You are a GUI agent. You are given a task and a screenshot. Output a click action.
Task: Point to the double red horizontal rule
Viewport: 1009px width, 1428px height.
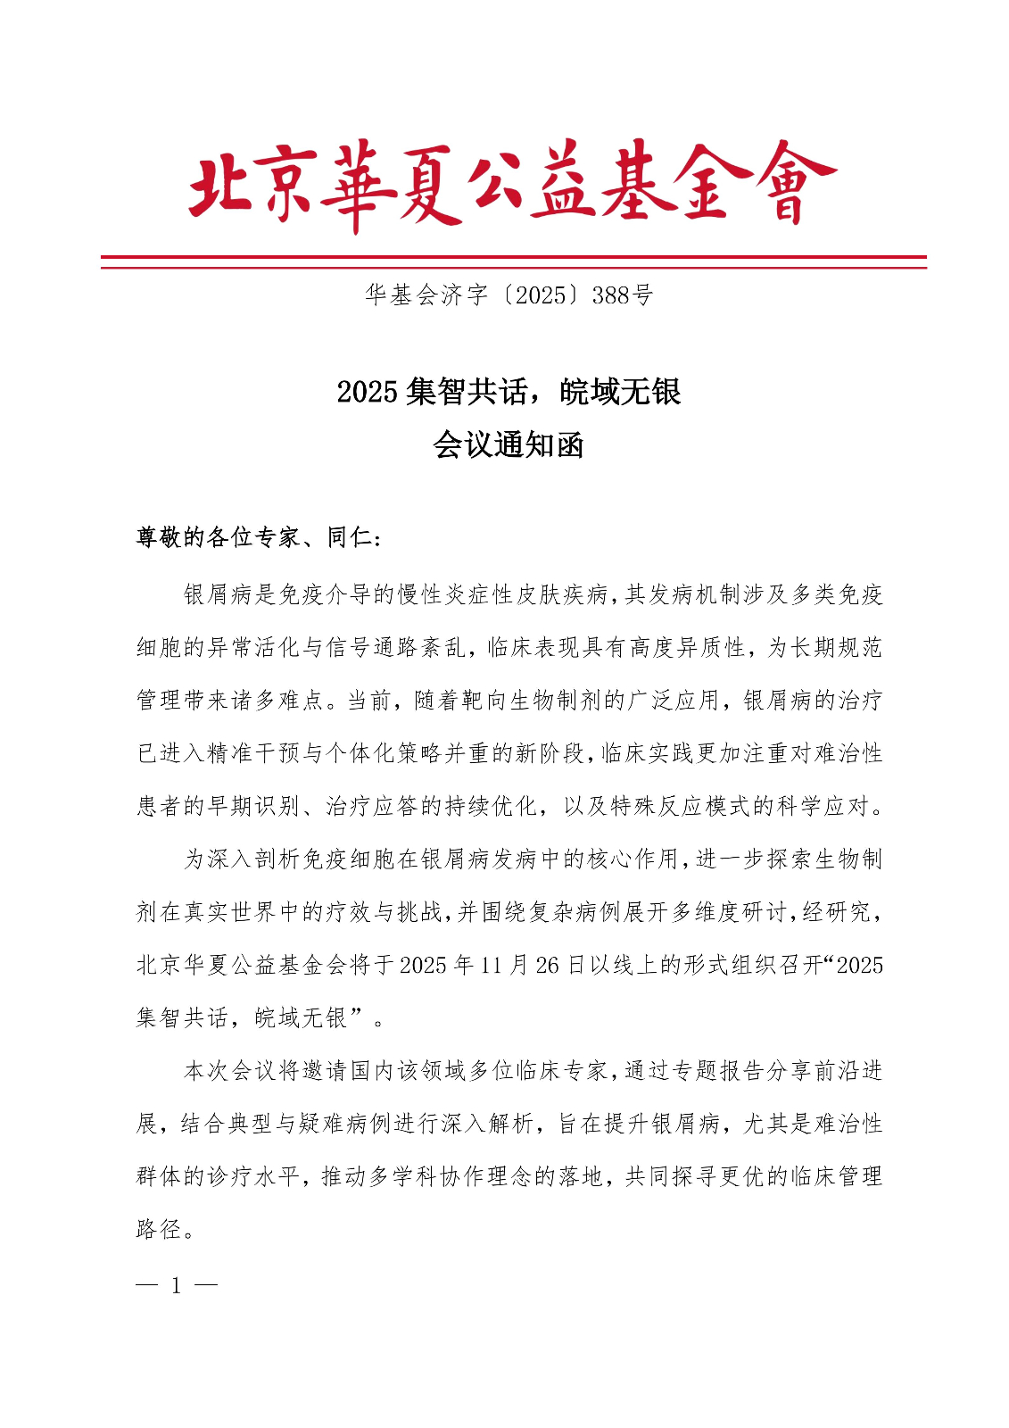[513, 262]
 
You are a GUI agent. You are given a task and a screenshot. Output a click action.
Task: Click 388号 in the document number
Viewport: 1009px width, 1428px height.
[622, 295]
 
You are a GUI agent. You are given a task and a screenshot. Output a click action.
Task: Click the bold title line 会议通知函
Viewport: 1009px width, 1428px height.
[508, 444]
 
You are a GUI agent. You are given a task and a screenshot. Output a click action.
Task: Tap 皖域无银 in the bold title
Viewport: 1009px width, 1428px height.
[621, 392]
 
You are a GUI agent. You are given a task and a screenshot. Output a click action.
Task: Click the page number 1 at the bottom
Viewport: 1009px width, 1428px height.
[177, 1285]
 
